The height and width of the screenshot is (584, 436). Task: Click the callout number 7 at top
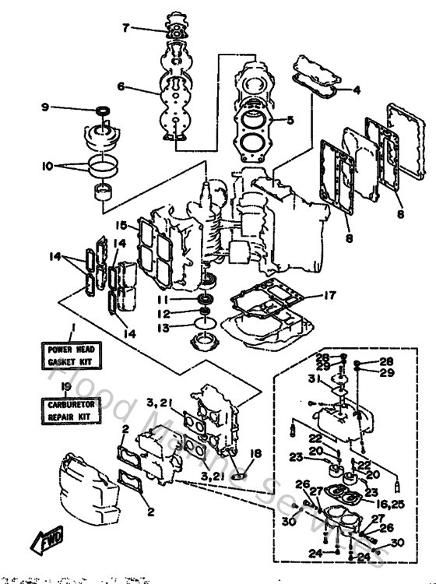(x=125, y=28)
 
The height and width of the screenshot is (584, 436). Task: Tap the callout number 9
(x=67, y=107)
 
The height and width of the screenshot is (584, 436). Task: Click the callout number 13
(x=162, y=328)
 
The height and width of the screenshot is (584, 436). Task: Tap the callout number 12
(x=162, y=313)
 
